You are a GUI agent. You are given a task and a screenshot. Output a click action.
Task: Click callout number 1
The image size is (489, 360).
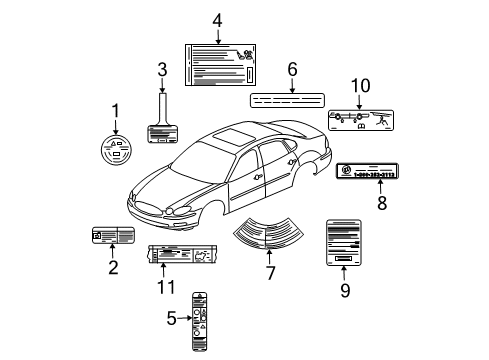tap(115, 111)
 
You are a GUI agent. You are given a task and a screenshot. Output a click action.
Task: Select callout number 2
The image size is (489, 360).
tap(112, 267)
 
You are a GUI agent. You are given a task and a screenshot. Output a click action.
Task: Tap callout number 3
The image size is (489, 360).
tap(161, 69)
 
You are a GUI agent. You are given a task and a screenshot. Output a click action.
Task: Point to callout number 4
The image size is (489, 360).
tap(217, 20)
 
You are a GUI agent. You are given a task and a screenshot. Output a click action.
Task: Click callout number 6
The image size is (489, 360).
tap(292, 69)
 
